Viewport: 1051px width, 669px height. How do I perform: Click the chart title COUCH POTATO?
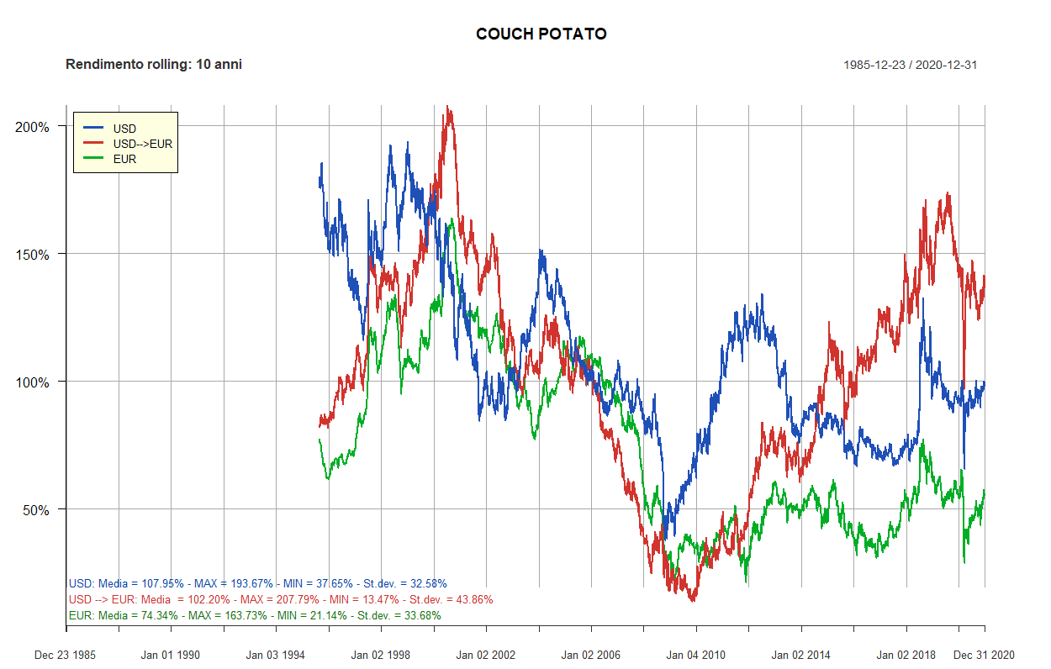pos(541,34)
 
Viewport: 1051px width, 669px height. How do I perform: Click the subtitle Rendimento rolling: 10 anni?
pos(154,65)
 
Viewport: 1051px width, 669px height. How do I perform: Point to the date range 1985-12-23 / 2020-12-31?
pos(910,66)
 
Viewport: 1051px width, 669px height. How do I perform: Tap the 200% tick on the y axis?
pos(34,127)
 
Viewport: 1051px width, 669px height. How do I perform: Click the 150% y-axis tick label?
pos(34,255)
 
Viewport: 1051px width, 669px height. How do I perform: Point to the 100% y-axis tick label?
pos(34,382)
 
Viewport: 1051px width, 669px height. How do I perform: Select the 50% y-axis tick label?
pos(36,510)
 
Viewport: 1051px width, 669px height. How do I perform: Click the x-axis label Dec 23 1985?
pos(66,655)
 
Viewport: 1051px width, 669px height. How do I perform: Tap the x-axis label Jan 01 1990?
pos(171,655)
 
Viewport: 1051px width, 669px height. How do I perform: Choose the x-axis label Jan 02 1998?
pos(381,655)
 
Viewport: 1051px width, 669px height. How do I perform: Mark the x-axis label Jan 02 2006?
pos(591,655)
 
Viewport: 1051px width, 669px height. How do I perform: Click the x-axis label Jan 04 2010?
pos(696,655)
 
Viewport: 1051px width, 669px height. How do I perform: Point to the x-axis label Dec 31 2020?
pos(985,655)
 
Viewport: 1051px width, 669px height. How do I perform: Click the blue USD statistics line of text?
pos(257,583)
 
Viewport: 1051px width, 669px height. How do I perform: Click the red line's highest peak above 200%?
pos(449,108)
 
